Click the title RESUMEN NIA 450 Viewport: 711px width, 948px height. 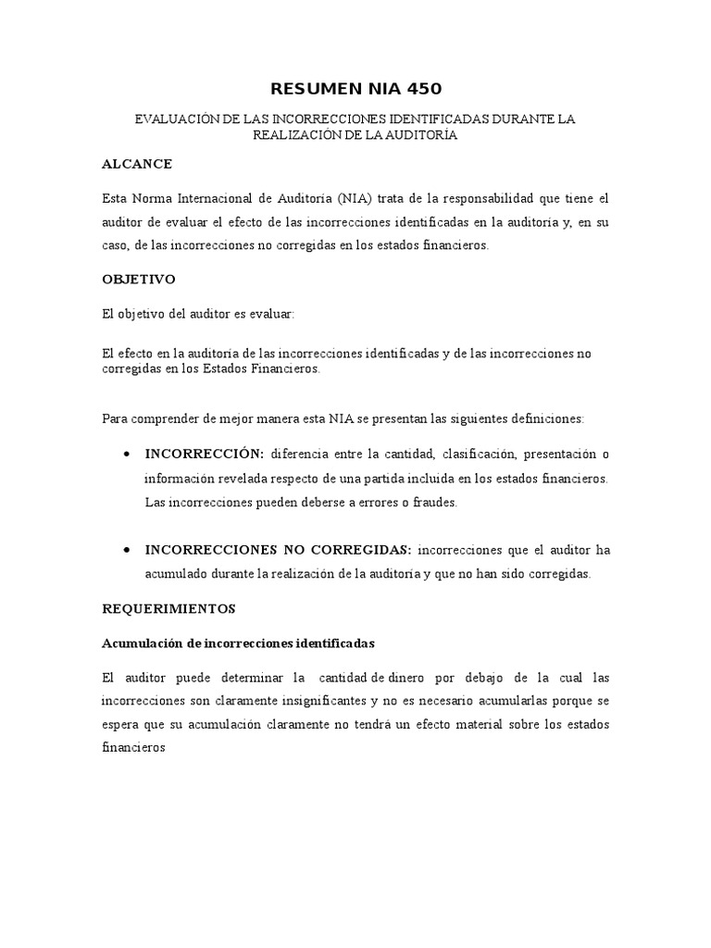[355, 89]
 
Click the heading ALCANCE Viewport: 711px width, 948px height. [137, 164]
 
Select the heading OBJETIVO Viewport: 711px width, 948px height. [139, 279]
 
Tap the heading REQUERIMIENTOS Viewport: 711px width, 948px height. [169, 609]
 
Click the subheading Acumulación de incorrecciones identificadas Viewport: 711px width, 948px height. [240, 642]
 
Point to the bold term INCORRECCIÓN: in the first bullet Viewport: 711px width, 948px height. [205, 454]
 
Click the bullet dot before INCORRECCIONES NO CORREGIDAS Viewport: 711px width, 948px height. [125, 550]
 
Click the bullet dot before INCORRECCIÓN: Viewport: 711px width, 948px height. [125, 454]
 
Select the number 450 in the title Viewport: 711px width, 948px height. [419, 89]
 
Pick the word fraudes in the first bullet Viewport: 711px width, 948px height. [434, 503]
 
